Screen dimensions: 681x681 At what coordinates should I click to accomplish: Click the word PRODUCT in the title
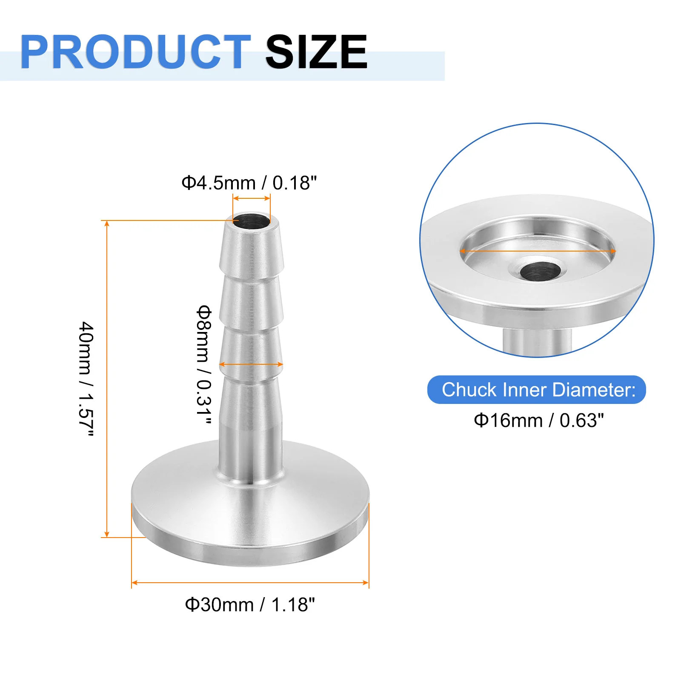pos(135,52)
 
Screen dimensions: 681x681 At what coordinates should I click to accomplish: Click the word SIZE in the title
pos(316,52)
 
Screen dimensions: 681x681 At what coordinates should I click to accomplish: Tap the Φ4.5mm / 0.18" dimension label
pos(249,183)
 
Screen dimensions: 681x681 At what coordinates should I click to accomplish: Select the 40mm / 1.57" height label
pos(86,379)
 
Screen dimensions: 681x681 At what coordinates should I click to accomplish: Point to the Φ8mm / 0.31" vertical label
pos(204,365)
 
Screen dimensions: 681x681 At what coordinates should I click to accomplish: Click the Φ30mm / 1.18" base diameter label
pos(250,604)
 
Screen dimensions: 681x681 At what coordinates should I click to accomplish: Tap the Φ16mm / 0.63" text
pos(538,421)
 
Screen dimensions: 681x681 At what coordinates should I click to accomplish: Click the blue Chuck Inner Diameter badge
pos(537,389)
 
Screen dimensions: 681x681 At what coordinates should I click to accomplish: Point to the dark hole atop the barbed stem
pos(251,220)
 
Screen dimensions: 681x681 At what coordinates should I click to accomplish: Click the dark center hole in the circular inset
pos(541,271)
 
